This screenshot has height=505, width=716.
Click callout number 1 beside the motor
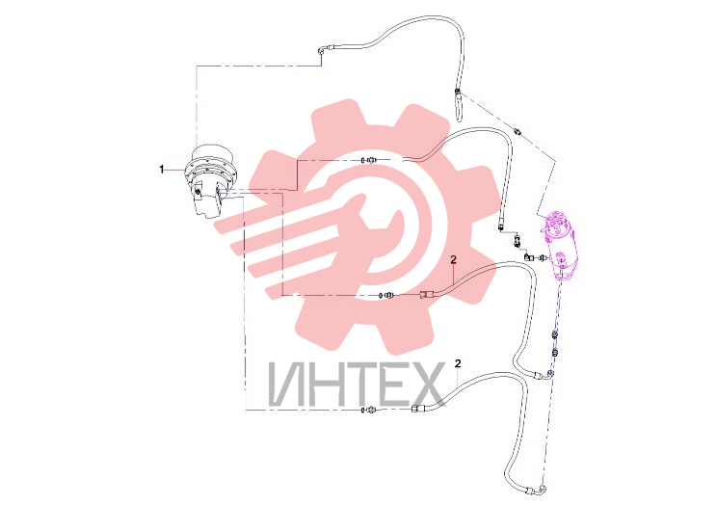[x=161, y=170]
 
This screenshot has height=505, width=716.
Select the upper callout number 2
[x=453, y=259]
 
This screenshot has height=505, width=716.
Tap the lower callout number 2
[x=458, y=363]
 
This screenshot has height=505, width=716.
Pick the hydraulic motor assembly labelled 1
[x=210, y=182]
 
